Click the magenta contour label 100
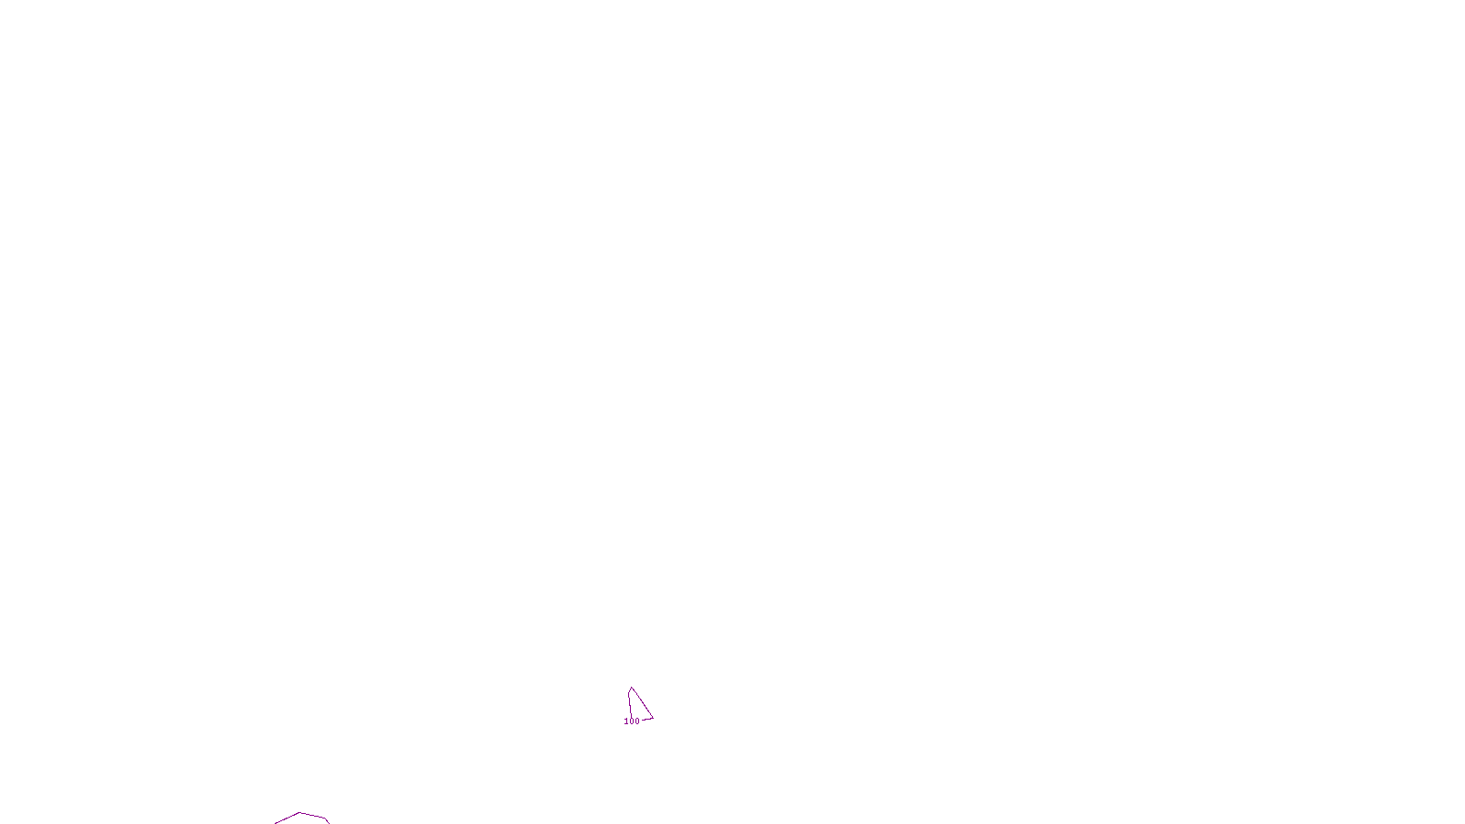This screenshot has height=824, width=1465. tap(632, 721)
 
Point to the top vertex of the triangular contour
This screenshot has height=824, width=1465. tap(631, 688)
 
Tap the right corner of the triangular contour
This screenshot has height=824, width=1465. tap(653, 718)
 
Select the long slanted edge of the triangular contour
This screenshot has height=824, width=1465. tap(643, 704)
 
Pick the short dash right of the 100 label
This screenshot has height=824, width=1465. tap(646, 720)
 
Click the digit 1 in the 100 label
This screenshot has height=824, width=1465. tap(626, 721)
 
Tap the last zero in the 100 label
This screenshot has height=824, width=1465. tap(637, 721)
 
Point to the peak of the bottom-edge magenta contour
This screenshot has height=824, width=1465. tap(300, 812)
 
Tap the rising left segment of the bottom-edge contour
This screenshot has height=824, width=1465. tap(287, 819)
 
